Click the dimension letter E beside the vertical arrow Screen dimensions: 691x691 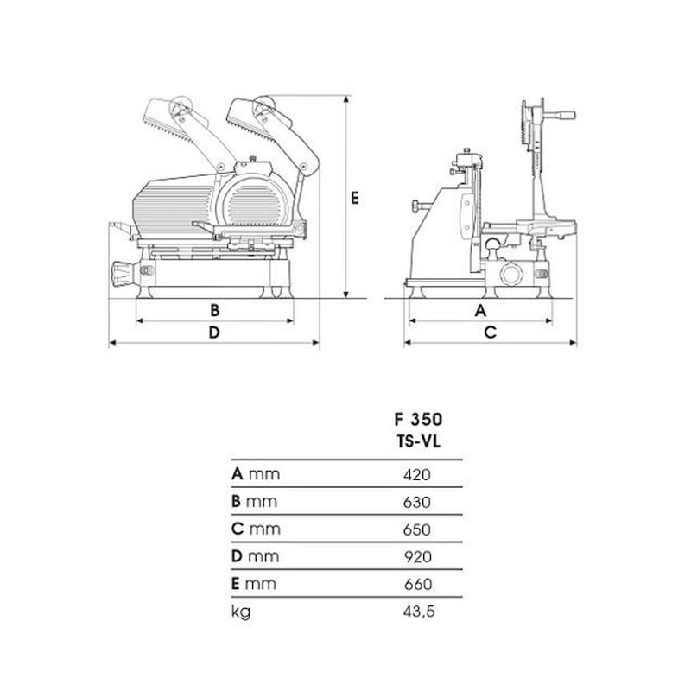click(354, 199)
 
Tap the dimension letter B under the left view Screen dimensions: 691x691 click(214, 310)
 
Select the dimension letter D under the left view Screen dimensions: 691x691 click(214, 333)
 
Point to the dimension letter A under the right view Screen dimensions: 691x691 click(480, 310)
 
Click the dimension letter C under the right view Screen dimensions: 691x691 click(490, 333)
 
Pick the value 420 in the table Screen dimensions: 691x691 click(417, 474)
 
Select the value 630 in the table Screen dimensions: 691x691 click(417, 502)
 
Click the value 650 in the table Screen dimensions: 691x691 click(417, 529)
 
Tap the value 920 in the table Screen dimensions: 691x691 click(418, 557)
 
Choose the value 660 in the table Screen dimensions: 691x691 click(418, 585)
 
